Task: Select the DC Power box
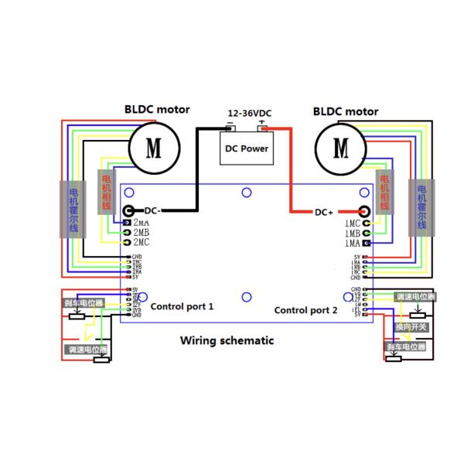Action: tap(246, 148)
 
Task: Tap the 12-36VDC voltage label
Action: tap(249, 113)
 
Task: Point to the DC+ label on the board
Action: tap(324, 212)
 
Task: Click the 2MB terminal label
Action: tap(142, 233)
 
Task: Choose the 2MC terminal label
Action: tap(142, 243)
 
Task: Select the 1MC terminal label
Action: tap(352, 223)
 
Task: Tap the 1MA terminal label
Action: tap(352, 244)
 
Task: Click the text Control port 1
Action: tap(182, 307)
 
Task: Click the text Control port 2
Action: tap(306, 310)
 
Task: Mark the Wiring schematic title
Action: tap(227, 340)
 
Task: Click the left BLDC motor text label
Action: tap(157, 110)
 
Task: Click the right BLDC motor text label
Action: tap(346, 111)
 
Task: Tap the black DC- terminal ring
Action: tap(128, 210)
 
